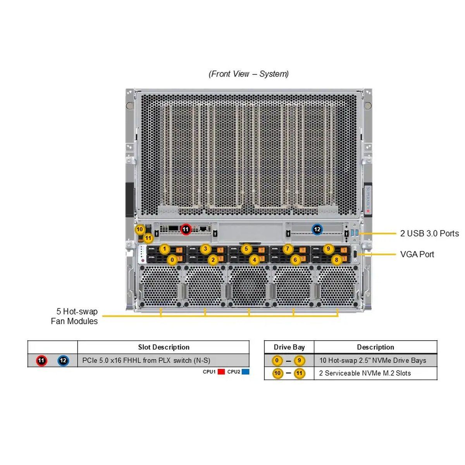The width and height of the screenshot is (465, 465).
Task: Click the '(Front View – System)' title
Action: pyautogui.click(x=248, y=74)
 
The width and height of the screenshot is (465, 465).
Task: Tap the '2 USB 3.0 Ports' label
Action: pyautogui.click(x=429, y=233)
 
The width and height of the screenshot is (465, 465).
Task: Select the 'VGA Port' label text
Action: pyautogui.click(x=417, y=254)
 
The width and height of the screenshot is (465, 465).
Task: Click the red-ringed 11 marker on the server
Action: pyautogui.click(x=186, y=229)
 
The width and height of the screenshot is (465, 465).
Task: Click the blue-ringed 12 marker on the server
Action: pyautogui.click(x=317, y=229)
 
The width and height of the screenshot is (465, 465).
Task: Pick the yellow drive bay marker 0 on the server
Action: pyautogui.click(x=172, y=260)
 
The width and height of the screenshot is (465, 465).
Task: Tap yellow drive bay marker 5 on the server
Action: pyautogui.click(x=246, y=249)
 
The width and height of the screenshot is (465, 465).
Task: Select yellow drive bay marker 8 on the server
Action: pyautogui.click(x=336, y=260)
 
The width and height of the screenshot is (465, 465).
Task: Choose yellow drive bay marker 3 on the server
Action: pyautogui.click(x=205, y=249)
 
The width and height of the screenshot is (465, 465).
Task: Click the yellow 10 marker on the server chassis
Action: pyautogui.click(x=139, y=229)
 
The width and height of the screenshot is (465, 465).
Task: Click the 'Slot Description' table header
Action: pyautogui.click(x=164, y=347)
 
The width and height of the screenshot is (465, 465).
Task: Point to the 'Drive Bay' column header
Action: pyautogui.click(x=289, y=347)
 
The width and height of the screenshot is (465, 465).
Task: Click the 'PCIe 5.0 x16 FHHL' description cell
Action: pyautogui.click(x=146, y=360)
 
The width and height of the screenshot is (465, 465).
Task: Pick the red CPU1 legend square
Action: pyautogui.click(x=221, y=372)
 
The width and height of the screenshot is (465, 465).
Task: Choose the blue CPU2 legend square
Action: pyautogui.click(x=245, y=372)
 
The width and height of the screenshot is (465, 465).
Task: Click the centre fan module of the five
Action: pyautogui.click(x=249, y=287)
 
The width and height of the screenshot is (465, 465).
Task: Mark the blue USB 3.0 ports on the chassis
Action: pyautogui.click(x=353, y=233)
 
